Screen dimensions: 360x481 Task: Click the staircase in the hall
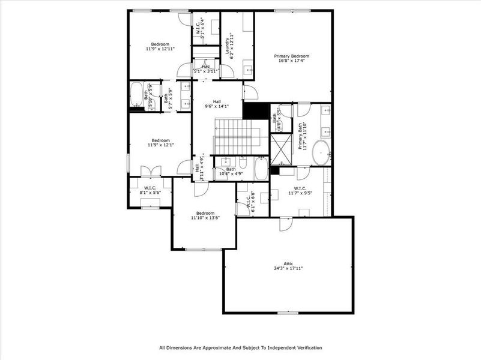236,136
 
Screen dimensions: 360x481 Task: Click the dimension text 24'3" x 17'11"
289,268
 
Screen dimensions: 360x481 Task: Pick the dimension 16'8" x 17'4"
292,60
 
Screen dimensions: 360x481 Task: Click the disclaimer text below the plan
240,347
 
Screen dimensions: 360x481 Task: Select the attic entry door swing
283,224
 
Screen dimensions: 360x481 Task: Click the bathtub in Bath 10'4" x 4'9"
261,169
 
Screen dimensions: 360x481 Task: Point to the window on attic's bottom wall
288,313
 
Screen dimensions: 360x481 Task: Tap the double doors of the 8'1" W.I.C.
146,170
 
